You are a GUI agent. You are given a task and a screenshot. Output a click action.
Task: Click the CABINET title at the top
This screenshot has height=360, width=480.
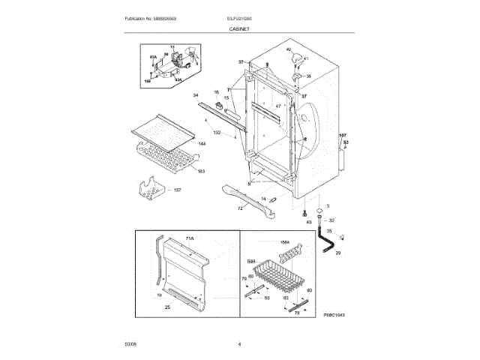(x=239, y=28)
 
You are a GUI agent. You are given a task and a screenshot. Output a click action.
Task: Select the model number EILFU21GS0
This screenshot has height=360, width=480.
(x=240, y=17)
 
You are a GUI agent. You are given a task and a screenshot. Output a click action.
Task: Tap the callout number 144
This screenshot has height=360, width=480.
(x=202, y=142)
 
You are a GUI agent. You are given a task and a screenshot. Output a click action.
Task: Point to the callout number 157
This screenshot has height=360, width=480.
(x=178, y=190)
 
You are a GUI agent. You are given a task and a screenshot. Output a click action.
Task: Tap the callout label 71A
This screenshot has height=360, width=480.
(x=190, y=238)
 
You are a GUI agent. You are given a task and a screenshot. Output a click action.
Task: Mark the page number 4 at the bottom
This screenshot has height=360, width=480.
(x=239, y=344)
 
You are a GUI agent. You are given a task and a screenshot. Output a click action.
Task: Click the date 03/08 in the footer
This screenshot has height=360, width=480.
(x=130, y=344)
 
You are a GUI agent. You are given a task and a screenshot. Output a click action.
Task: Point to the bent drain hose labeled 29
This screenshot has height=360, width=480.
(x=327, y=244)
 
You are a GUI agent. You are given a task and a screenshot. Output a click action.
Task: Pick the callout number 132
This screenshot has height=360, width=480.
(x=217, y=132)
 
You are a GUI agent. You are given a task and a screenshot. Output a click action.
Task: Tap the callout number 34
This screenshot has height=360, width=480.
(x=196, y=95)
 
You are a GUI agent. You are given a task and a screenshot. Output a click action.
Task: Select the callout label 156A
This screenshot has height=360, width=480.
(x=284, y=242)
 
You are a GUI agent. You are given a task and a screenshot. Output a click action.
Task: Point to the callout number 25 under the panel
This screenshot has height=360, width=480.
(x=167, y=307)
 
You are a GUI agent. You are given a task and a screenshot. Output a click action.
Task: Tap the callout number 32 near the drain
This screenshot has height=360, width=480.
(x=332, y=220)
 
